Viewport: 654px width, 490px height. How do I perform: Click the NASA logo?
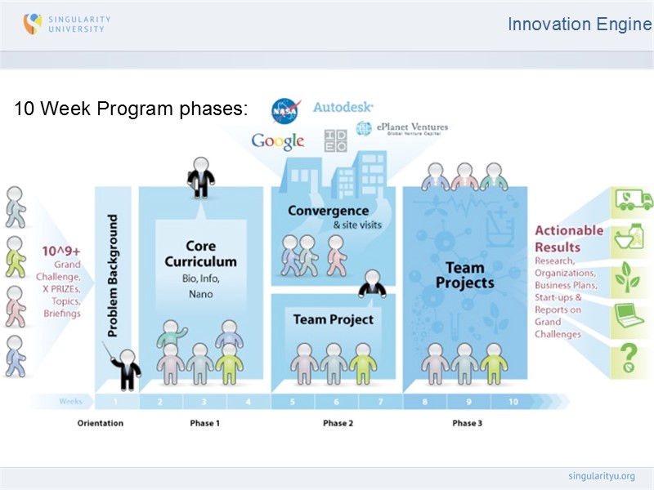tap(285, 109)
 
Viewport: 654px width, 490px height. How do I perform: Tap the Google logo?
tap(278, 140)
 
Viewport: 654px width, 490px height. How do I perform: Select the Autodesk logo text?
tap(343, 107)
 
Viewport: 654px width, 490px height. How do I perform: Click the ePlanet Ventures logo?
tap(401, 128)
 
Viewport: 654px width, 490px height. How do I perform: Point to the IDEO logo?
tap(335, 140)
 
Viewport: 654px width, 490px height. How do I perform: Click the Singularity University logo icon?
tap(32, 24)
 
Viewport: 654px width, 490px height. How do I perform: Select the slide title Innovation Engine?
tap(579, 24)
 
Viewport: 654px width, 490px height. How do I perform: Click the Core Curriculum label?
tap(200, 254)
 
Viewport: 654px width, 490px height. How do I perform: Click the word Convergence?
tap(328, 211)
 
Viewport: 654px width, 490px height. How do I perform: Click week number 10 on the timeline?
tap(513, 401)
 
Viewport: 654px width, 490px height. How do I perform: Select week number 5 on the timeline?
tap(293, 401)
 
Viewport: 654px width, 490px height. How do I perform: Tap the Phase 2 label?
tap(338, 423)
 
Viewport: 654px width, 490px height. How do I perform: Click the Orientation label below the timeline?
tap(101, 423)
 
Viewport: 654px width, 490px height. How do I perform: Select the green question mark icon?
tap(629, 357)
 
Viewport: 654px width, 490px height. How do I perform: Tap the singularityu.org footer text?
tap(601, 476)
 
